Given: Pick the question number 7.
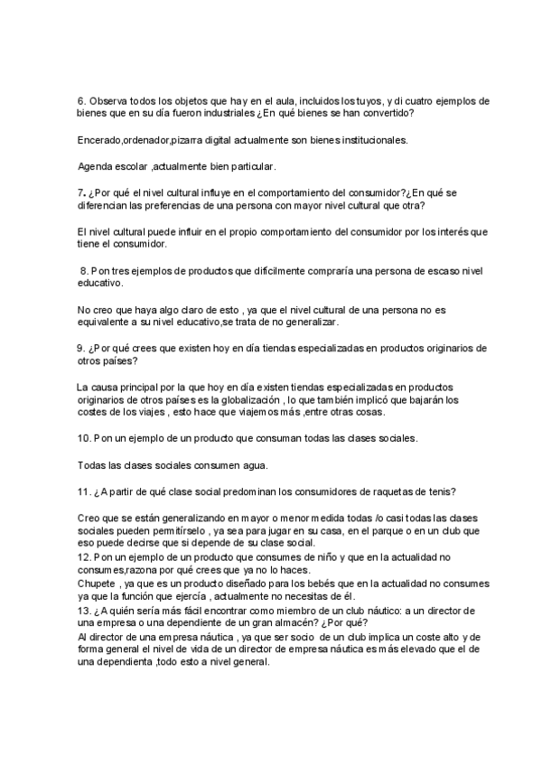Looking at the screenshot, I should pyautogui.click(x=81, y=192).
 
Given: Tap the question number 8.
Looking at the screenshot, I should pyautogui.click(x=85, y=270).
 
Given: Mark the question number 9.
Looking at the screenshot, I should pyautogui.click(x=80, y=348).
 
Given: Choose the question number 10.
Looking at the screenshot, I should pyautogui.click(x=84, y=439).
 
